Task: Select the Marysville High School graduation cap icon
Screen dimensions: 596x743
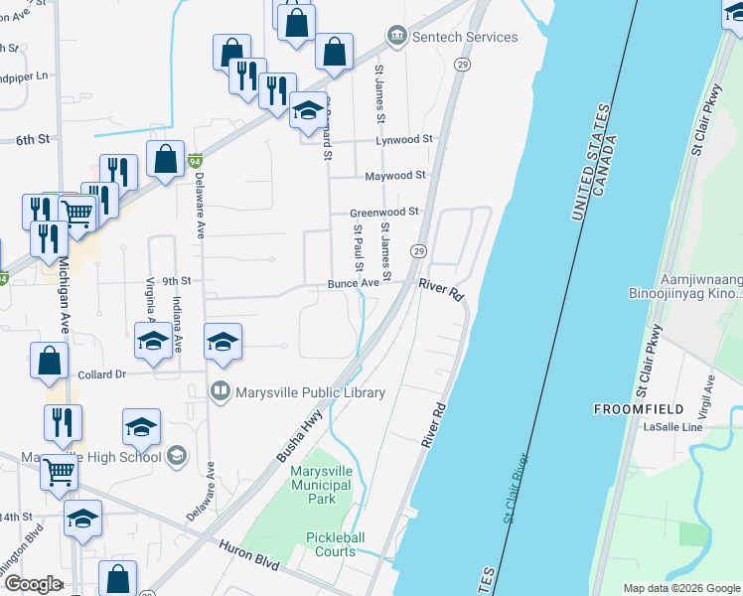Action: (176, 456)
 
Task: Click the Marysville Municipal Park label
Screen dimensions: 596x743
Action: (321, 485)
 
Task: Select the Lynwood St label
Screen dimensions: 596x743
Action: (405, 141)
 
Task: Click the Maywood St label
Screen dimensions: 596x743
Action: (395, 175)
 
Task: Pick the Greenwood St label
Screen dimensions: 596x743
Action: (384, 212)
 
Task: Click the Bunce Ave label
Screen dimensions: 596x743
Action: (355, 283)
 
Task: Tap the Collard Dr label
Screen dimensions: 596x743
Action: (102, 374)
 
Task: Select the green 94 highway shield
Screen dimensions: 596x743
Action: (196, 160)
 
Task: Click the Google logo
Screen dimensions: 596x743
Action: (32, 584)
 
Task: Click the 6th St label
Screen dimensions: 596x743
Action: (33, 140)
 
